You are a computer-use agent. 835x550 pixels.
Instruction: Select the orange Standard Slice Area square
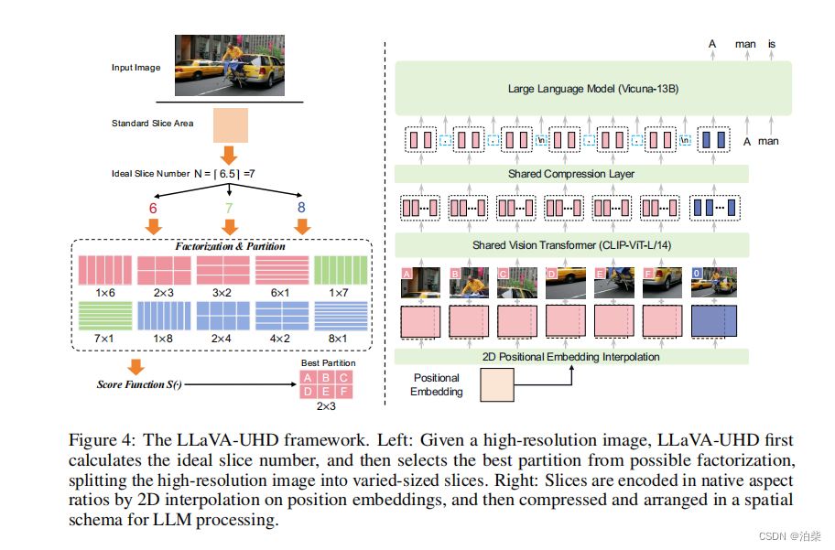coord(231,125)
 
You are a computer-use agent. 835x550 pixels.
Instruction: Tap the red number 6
coord(153,209)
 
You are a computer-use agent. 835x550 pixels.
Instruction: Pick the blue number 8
coord(301,209)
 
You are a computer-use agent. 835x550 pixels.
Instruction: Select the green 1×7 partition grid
coord(339,270)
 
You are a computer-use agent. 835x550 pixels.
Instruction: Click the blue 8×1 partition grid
coord(339,315)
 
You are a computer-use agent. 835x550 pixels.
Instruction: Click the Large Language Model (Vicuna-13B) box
coord(592,89)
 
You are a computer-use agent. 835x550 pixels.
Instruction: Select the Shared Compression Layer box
coord(571,174)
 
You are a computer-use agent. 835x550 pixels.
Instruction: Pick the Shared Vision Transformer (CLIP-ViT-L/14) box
coord(571,245)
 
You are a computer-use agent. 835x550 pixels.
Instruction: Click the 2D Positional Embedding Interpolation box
coord(571,357)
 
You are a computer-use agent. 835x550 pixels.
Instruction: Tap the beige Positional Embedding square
coord(497,384)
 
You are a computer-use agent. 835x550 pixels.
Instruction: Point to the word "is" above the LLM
coord(772,43)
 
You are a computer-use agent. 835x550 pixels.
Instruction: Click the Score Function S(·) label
coord(139,384)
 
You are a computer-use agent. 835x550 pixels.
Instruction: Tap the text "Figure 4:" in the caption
coord(98,439)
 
